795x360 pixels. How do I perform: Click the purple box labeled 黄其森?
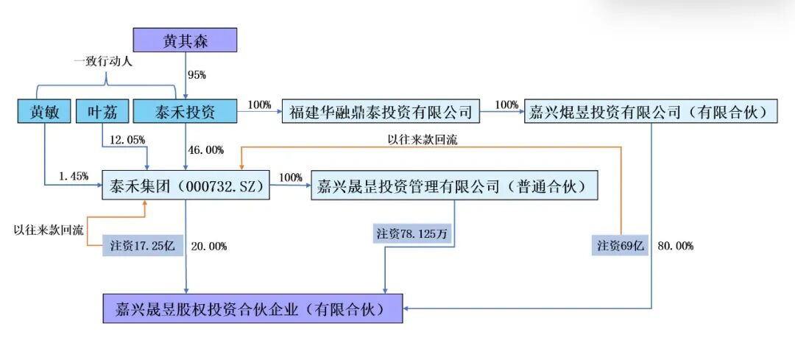pos(185,40)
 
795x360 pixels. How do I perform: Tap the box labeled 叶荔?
pos(102,112)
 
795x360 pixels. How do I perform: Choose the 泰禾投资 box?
pos(185,112)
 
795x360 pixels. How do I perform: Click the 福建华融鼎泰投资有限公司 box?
pos(381,112)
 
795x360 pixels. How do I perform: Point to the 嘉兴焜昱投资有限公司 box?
pos(651,112)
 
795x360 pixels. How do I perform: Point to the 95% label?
pos(197,75)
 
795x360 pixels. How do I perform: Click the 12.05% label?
pos(128,139)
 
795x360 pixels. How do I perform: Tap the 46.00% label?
pos(206,150)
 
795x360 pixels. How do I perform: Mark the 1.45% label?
pos(74,177)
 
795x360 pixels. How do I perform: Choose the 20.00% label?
pos(208,247)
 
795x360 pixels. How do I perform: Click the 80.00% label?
pos(674,247)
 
